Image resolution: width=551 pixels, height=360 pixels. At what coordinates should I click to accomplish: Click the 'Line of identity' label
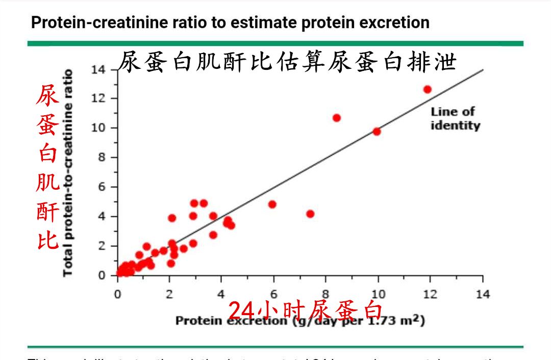point(455,118)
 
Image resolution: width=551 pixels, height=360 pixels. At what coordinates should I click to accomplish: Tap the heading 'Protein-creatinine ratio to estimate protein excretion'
point(230,22)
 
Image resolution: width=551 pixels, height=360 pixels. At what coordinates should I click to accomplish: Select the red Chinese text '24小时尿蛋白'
point(305,309)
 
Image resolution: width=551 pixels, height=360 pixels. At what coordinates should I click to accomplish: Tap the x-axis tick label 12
point(430,294)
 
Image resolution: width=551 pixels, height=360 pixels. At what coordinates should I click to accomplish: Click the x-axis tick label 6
point(274,294)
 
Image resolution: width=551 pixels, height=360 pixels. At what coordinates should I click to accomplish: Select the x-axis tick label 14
point(482,294)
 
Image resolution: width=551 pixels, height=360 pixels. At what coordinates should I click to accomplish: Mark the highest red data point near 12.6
point(428,89)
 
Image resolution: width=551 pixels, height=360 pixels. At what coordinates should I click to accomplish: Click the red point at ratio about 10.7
point(337,118)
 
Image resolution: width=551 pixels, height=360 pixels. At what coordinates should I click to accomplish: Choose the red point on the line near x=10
point(377,131)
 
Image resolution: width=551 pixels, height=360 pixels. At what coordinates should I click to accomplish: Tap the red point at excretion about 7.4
point(310,214)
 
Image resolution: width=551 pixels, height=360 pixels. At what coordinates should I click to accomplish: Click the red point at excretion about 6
point(272,204)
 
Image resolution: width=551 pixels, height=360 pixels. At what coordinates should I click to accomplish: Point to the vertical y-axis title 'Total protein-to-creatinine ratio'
point(68,173)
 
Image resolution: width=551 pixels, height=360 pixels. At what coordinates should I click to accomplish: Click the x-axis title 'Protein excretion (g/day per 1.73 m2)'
point(300,321)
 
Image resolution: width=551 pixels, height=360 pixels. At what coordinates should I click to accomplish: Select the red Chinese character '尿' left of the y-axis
point(47,95)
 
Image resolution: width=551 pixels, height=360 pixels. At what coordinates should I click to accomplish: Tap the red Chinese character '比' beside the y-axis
point(47,240)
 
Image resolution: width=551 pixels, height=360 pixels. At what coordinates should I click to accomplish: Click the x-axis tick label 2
point(170,294)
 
